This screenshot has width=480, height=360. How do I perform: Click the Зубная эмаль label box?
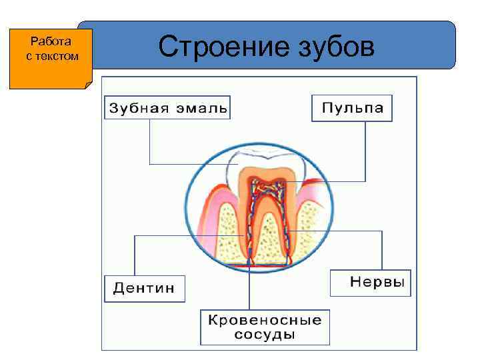click(167, 107)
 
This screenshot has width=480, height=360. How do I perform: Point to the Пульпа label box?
click(352, 108)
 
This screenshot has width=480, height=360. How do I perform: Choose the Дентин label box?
click(144, 289)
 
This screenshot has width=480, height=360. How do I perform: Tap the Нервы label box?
click(371, 283)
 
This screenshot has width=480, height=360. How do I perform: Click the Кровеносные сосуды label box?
click(265, 327)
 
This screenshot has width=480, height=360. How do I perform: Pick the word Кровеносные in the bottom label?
click(265, 319)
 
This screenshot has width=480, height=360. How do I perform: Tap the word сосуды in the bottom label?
click(265, 334)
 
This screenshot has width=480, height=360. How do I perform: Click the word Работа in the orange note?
click(51, 43)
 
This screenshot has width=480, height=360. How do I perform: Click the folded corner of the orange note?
click(89, 83)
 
